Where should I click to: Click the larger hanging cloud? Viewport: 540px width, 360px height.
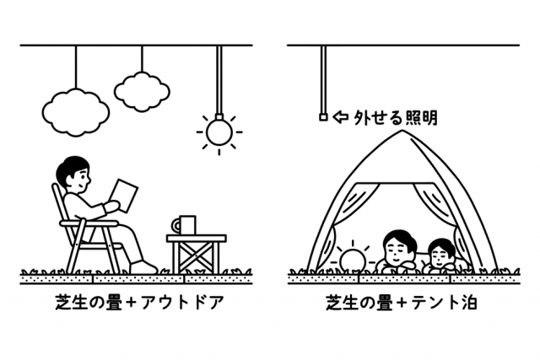point(76,112)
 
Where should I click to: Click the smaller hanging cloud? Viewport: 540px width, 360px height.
point(142,92)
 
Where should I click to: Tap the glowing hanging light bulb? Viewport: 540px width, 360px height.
point(219,132)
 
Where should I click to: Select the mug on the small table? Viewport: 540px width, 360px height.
point(184,225)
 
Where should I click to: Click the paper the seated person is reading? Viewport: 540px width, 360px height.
point(123,195)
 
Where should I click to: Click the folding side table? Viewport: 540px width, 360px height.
point(197,254)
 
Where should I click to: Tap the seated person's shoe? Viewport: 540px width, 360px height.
point(143,267)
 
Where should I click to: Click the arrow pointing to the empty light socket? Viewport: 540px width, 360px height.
point(341,117)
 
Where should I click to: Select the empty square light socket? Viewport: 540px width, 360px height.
point(323,117)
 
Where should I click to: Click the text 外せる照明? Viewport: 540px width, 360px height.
point(396,117)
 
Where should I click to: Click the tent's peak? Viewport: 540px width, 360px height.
point(403,132)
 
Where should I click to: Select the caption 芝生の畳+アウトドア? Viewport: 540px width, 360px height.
point(139,303)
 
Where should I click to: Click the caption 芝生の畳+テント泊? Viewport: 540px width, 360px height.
point(402,303)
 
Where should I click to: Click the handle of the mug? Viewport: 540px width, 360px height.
point(176,226)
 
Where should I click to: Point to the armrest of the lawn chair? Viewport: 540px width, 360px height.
point(89,223)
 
